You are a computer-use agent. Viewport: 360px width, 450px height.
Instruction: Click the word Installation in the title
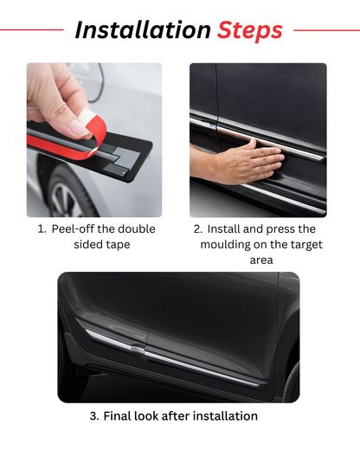click(142, 30)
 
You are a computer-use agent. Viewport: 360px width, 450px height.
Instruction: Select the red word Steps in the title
click(249, 30)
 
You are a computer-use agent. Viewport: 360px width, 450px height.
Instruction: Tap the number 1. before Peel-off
click(42, 229)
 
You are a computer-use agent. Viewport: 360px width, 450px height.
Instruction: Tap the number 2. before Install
click(198, 229)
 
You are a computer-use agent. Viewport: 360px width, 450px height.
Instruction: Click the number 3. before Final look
click(93, 416)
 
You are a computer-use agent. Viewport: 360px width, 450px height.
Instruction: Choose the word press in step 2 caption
click(278, 229)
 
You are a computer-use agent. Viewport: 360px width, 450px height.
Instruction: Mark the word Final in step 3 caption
click(119, 416)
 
